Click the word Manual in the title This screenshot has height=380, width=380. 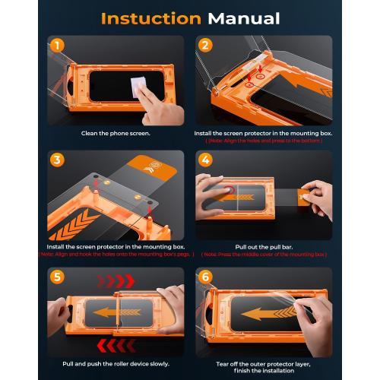(239, 18)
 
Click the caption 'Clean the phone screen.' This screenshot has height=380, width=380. (116, 133)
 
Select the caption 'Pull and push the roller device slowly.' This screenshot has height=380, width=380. (116, 365)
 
